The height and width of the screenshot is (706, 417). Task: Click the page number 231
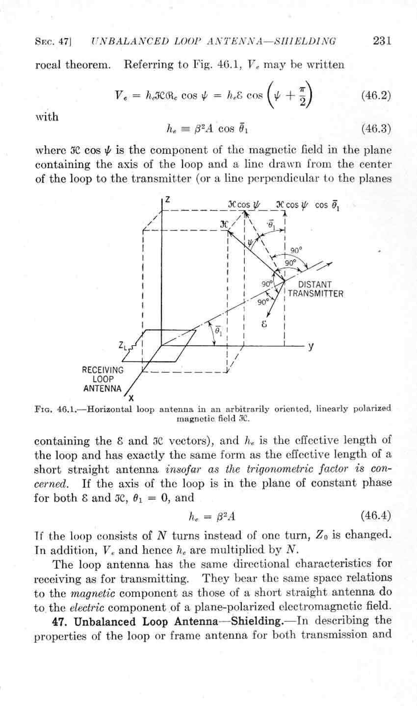381,41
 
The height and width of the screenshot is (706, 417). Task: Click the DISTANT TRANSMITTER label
315,289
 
